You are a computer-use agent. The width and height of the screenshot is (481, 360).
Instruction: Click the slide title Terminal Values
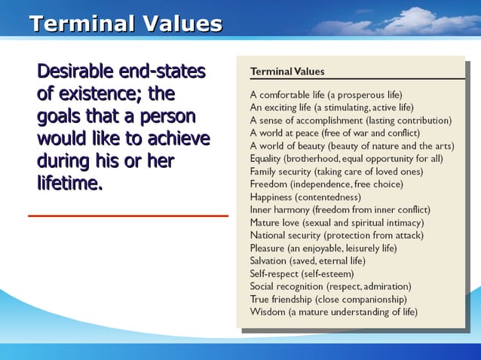[x=125, y=24]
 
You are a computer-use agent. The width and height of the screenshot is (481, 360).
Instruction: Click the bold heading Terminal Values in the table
[x=287, y=72]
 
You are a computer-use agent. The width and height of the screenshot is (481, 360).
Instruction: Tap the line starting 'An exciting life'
[x=332, y=107]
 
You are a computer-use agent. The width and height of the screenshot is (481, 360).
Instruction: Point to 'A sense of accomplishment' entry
[x=351, y=120]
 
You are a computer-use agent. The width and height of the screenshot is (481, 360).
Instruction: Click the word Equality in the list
[x=268, y=158]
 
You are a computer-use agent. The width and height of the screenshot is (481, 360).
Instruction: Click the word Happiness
[x=272, y=197]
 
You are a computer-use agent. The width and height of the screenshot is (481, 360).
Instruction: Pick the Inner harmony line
[x=340, y=209]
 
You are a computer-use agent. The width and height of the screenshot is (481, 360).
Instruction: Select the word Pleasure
[x=268, y=248]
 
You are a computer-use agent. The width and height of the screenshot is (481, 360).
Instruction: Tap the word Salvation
[x=270, y=261]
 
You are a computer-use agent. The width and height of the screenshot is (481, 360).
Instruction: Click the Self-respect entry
[x=302, y=273]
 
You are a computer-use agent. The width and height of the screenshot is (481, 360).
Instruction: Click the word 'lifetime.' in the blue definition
[x=69, y=182]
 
